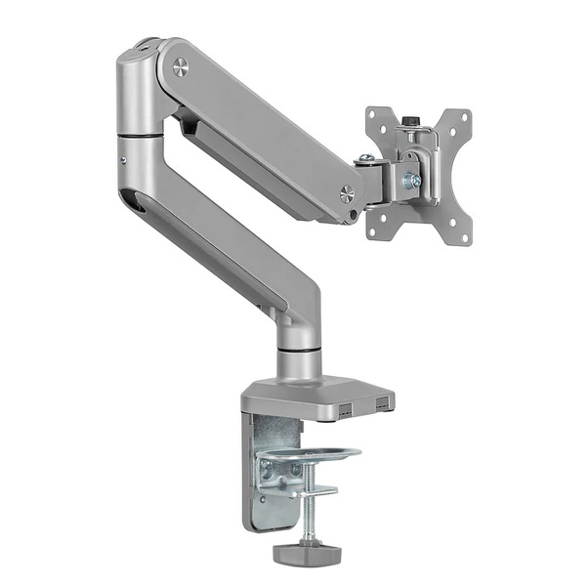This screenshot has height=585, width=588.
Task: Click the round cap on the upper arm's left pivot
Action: click(x=180, y=67)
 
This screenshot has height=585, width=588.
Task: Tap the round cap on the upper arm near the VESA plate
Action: click(x=347, y=193)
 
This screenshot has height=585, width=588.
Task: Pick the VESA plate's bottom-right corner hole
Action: click(x=461, y=231)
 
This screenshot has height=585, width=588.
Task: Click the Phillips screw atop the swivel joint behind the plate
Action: click(x=366, y=159)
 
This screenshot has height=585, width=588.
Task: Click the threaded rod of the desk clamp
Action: click(x=305, y=508)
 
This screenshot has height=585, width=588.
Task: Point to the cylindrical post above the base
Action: click(x=299, y=361)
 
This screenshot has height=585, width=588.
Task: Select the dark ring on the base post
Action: click(x=299, y=346)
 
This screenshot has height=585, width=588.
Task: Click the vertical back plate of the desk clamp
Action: click(x=262, y=469)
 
